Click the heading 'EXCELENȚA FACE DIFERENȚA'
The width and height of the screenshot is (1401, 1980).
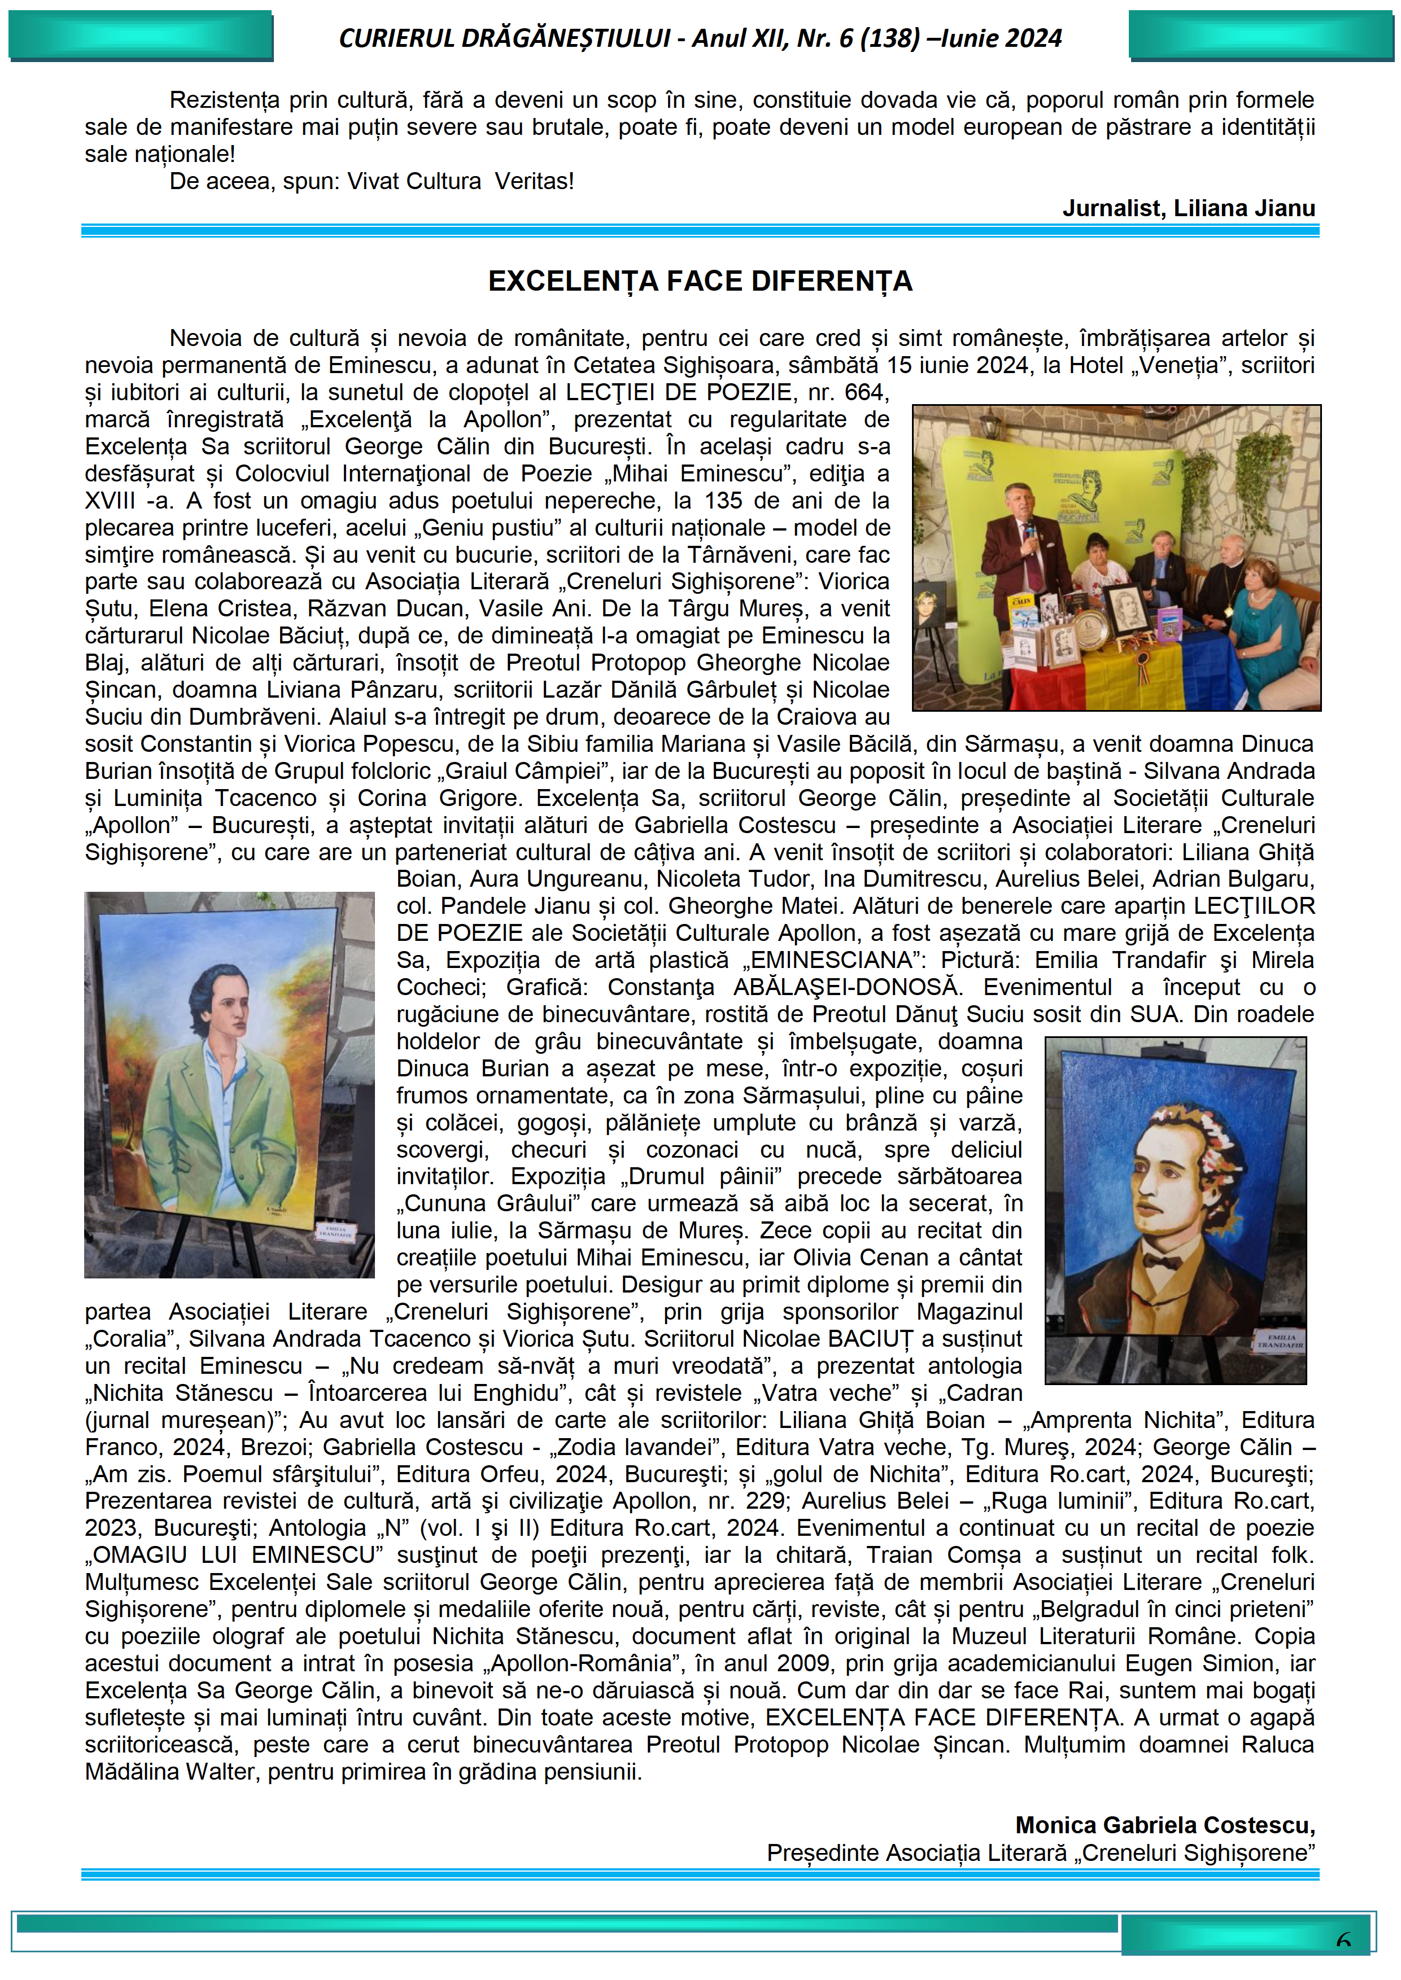pos(700,281)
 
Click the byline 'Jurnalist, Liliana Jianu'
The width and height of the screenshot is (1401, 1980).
pos(1188,209)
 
